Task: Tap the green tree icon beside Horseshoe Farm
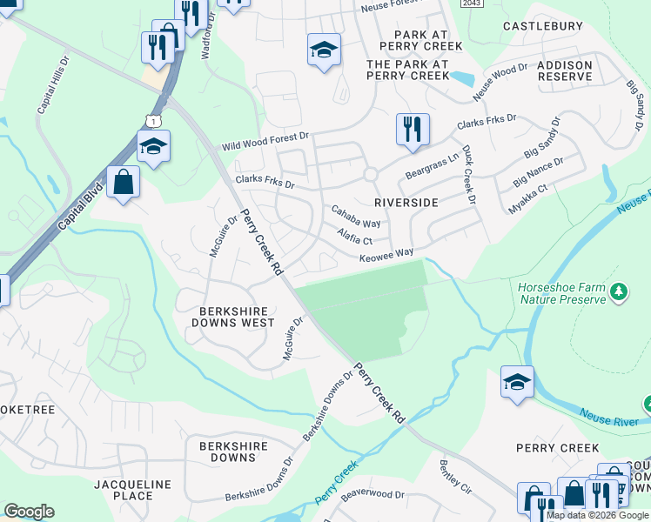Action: (x=619, y=291)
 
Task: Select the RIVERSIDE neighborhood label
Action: (x=406, y=202)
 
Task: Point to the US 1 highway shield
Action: (x=154, y=120)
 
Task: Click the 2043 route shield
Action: (x=471, y=3)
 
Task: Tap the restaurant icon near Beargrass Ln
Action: (x=412, y=129)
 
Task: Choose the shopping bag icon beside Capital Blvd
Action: (x=124, y=183)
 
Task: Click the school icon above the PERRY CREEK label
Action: (x=517, y=382)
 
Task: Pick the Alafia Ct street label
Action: (x=354, y=236)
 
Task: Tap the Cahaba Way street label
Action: (x=356, y=217)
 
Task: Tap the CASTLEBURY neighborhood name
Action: (x=543, y=26)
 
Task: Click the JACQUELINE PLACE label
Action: (x=123, y=489)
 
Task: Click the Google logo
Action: (x=29, y=512)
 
